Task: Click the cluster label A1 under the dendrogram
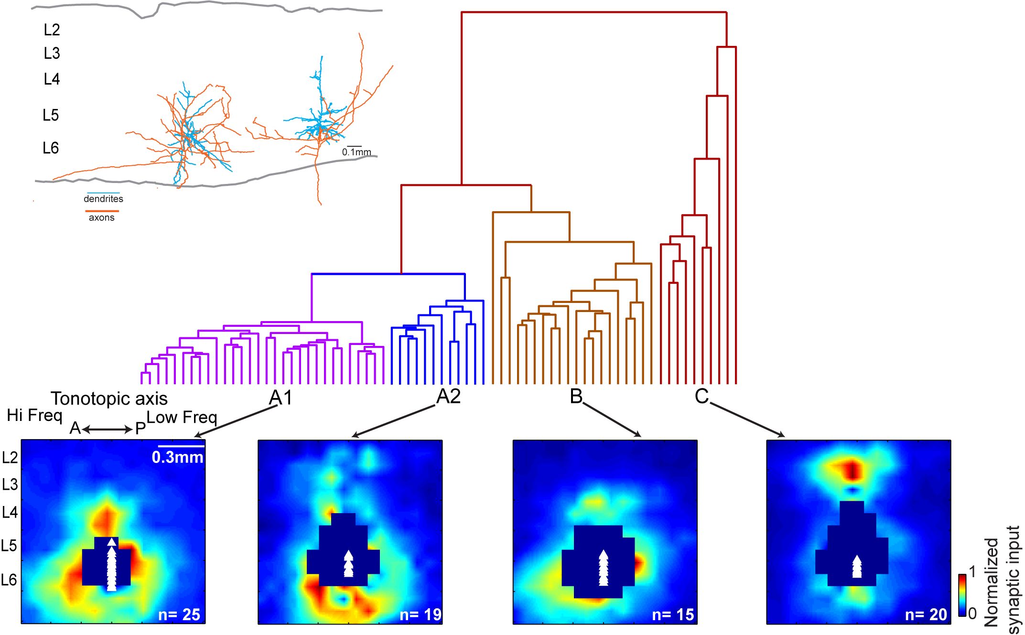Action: [x=281, y=397]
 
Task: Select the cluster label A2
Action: [x=448, y=396]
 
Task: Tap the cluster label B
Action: [x=576, y=396]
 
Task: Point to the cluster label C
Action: [x=701, y=396]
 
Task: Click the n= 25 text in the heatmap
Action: [x=179, y=614]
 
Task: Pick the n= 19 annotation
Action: [x=421, y=614]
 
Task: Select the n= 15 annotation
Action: [x=673, y=614]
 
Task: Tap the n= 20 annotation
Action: [x=926, y=614]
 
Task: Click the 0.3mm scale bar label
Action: [x=177, y=457]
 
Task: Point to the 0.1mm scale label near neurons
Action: [x=356, y=152]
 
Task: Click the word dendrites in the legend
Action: [x=103, y=199]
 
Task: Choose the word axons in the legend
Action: [x=102, y=217]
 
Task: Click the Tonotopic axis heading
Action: [x=109, y=398]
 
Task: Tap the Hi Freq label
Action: [x=34, y=415]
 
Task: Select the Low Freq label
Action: [x=182, y=417]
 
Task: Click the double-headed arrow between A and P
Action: [x=108, y=430]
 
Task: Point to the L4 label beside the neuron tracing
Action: [x=52, y=79]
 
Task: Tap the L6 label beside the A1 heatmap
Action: [x=9, y=580]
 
